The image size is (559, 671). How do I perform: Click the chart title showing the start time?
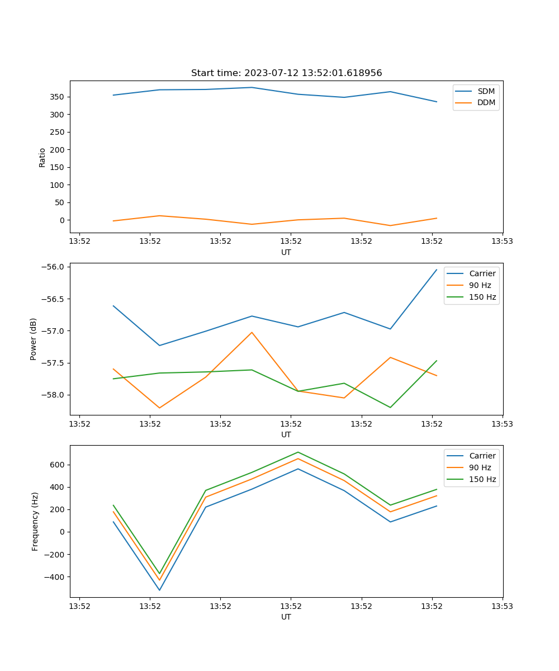click(x=286, y=73)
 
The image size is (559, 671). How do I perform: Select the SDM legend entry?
click(x=486, y=91)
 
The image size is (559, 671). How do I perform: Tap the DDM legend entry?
click(x=486, y=103)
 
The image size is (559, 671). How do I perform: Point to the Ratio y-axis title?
click(x=42, y=157)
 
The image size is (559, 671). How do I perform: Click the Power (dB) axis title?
click(x=34, y=339)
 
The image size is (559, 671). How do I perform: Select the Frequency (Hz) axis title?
click(x=35, y=521)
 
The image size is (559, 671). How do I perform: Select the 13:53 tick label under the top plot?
click(x=502, y=242)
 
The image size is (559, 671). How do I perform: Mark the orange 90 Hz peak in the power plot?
click(x=252, y=332)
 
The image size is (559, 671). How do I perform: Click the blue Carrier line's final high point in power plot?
click(x=437, y=270)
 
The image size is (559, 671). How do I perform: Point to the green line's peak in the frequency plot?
click(x=298, y=452)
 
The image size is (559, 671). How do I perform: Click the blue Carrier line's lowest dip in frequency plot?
click(x=159, y=590)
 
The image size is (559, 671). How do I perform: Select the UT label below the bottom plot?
click(x=286, y=617)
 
